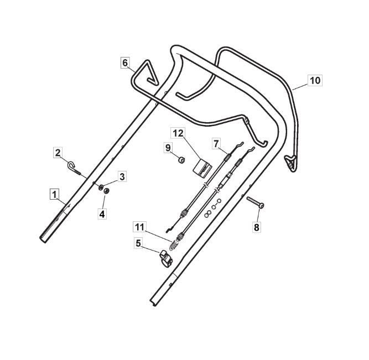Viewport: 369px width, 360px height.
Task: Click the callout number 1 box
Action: (54, 195)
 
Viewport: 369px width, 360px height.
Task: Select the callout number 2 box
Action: (58, 153)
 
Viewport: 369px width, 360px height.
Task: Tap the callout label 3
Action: (122, 177)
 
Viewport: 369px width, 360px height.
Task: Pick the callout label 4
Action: (102, 214)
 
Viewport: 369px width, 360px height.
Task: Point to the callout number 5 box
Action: (138, 243)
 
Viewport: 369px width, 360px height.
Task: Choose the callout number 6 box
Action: (125, 63)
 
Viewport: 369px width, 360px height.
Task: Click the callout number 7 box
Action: (216, 143)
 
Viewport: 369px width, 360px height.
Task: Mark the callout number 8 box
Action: (257, 227)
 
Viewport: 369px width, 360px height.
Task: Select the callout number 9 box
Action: (168, 148)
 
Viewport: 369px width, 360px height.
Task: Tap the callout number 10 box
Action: (315, 81)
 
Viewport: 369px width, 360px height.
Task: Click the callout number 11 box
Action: (139, 227)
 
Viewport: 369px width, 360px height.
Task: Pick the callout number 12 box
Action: (178, 133)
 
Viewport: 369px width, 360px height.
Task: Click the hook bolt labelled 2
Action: (74, 168)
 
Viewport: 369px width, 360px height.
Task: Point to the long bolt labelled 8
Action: (255, 202)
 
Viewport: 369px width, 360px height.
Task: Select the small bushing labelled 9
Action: (181, 160)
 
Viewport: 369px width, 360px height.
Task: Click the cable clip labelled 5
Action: (166, 258)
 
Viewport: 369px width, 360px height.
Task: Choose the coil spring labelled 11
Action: (174, 244)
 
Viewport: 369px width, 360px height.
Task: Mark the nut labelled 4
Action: (107, 191)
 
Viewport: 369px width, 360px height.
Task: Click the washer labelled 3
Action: (101, 187)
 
